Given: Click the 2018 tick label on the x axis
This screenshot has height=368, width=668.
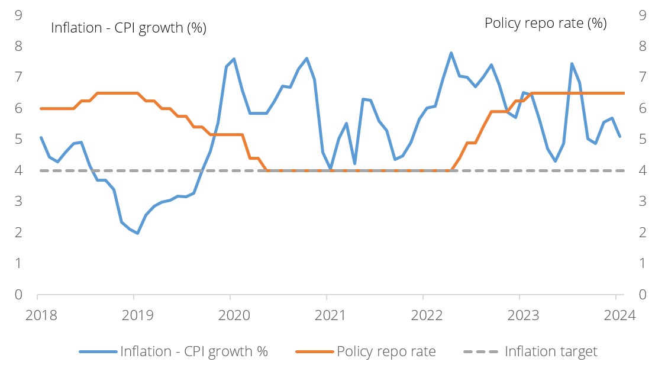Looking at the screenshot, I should (x=41, y=315).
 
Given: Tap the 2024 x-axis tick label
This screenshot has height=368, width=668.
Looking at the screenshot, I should (x=619, y=315).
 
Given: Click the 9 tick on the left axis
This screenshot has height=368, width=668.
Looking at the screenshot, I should (x=18, y=15).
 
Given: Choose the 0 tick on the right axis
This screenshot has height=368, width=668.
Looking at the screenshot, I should (x=643, y=294).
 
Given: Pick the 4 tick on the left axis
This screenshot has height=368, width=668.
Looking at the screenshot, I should (x=18, y=170).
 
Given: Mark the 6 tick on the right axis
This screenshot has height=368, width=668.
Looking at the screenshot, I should (x=643, y=108).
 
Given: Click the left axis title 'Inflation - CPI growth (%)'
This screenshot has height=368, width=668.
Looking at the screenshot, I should (x=128, y=28).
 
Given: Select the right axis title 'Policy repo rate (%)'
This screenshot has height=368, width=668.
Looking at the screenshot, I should (x=546, y=23).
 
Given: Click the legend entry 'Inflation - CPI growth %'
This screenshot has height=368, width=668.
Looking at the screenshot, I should (x=194, y=351).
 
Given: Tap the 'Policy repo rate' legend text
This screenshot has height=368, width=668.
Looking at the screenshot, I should (x=386, y=351).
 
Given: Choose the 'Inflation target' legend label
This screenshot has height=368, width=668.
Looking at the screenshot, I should (x=551, y=351).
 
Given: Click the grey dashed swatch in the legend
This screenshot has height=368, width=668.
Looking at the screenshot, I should (x=480, y=351).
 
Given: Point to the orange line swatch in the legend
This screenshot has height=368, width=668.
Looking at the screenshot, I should (x=314, y=351).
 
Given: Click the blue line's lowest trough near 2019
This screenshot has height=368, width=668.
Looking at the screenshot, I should (x=137, y=233).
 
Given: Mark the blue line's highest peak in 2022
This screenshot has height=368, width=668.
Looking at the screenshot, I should (x=451, y=53).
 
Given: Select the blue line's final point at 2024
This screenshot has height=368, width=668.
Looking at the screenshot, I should (x=619, y=137).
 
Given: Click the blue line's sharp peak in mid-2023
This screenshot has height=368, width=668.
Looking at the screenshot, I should (x=572, y=63).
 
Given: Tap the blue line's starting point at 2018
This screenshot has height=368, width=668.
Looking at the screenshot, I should (x=41, y=137).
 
